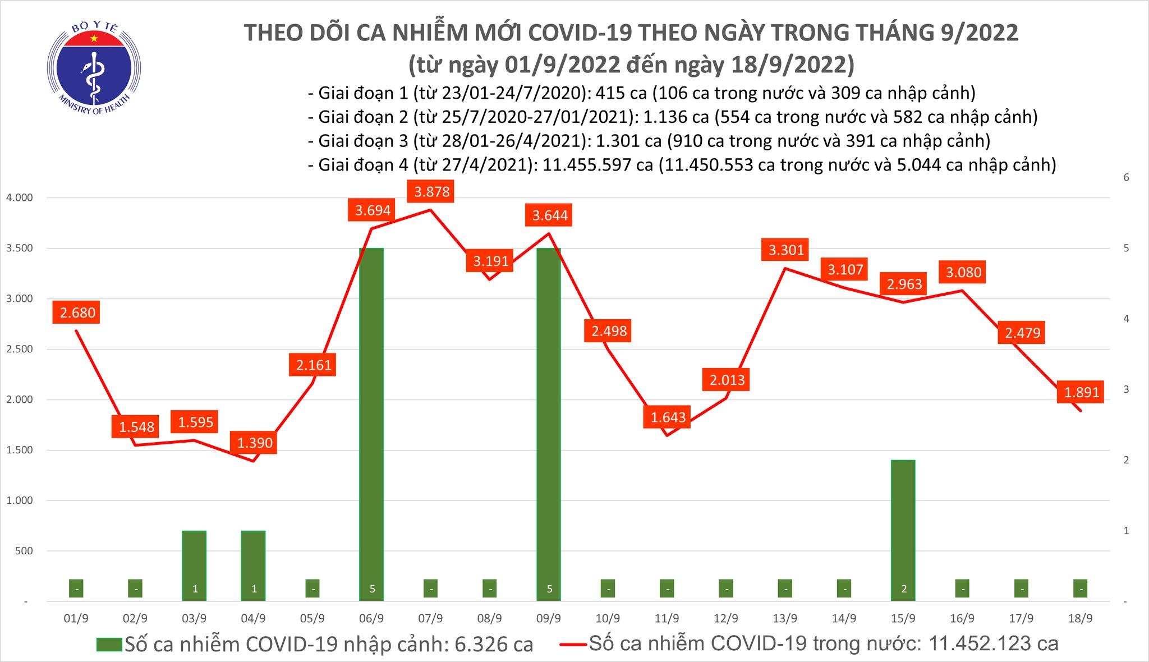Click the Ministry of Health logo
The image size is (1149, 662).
[x=94, y=68]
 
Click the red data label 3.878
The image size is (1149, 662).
[x=432, y=192]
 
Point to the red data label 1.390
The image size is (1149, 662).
[x=255, y=443]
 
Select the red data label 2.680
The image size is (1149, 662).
[x=77, y=312]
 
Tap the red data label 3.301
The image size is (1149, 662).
[x=786, y=250]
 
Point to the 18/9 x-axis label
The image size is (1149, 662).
[x=1081, y=619]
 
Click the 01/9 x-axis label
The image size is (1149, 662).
[x=76, y=619]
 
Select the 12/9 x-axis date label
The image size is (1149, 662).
[x=726, y=619]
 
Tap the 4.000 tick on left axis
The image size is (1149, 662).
[x=19, y=198]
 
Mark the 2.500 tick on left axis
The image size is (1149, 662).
[x=19, y=350]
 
